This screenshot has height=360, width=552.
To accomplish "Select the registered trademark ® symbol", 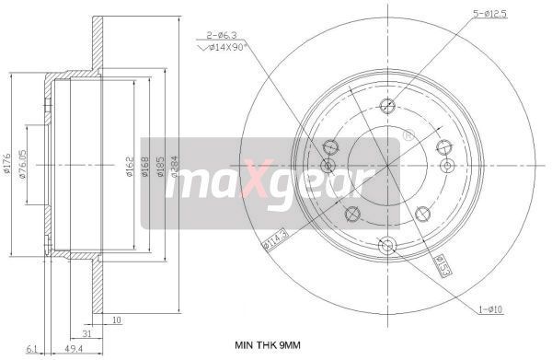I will (x=408, y=135).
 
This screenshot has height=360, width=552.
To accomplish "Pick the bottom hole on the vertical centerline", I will (x=386, y=244).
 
